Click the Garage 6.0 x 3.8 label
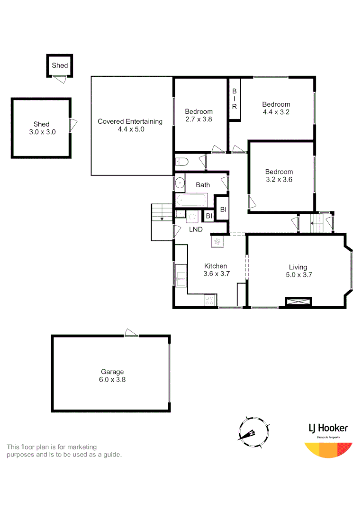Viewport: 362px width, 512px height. click(x=112, y=375)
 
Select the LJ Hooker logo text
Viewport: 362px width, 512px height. click(x=328, y=428)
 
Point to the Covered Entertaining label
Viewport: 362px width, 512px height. click(x=130, y=125)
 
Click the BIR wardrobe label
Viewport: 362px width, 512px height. click(x=234, y=99)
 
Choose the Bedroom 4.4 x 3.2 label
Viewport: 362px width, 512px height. click(x=276, y=108)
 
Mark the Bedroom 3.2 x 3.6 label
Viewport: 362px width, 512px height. click(x=279, y=175)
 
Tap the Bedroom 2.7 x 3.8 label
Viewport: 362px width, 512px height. click(x=199, y=115)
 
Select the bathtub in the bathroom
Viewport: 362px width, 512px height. click(x=191, y=201)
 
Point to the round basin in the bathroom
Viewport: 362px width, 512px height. click(x=180, y=183)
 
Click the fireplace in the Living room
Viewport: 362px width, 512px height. click(x=298, y=302)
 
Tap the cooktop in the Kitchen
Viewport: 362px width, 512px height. click(x=210, y=300)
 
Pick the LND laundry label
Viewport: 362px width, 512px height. click(x=196, y=229)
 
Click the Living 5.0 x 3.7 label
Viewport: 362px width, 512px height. click(x=298, y=271)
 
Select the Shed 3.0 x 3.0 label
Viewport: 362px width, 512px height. click(x=42, y=128)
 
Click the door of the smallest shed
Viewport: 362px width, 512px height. click(x=60, y=79)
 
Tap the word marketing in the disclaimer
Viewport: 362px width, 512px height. click(x=81, y=447)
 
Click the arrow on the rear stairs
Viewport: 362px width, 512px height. click(x=162, y=219)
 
